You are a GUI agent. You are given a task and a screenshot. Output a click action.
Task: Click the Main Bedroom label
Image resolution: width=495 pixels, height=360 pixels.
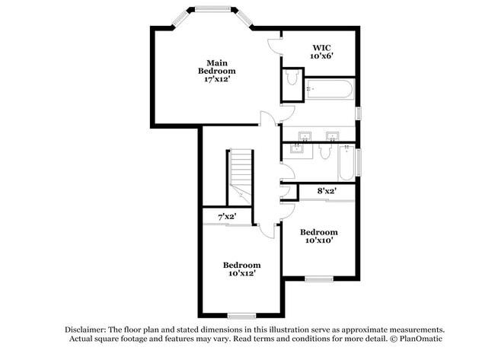coord(216,67)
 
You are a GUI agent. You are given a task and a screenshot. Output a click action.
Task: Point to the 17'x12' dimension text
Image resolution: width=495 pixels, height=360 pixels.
coord(216,79)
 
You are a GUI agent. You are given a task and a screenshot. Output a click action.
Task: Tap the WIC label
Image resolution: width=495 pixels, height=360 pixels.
coord(321,48)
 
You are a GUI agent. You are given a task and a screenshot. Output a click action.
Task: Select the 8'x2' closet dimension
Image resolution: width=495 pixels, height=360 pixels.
coord(327,191)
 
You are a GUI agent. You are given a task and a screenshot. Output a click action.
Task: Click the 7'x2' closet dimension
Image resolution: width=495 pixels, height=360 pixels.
coord(227,217)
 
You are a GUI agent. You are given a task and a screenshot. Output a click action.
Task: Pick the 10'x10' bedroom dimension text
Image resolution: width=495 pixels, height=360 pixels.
coord(319,241)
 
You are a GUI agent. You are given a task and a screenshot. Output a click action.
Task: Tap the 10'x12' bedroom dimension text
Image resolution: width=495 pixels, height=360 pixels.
coord(242,273)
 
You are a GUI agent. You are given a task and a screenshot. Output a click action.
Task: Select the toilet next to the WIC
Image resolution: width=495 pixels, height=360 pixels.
coord(292,78)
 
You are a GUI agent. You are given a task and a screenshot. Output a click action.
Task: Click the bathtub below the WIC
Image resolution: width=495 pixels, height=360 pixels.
coord(329,89)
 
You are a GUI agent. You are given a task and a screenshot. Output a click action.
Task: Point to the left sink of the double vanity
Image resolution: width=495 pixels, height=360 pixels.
coord(305,136)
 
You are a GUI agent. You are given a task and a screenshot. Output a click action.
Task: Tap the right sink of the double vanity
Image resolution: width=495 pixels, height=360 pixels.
coord(333,136)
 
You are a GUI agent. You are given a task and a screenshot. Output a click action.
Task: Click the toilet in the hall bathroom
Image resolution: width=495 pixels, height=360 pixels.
coord(324,151)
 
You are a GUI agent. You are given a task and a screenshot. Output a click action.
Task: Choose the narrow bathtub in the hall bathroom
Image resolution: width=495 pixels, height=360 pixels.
coord(346,163)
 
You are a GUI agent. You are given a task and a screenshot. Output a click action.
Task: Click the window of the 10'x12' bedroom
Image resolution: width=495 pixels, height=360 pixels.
coord(242,316)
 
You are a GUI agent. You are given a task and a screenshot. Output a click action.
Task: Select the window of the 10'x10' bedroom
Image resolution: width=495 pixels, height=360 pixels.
coord(319,279)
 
